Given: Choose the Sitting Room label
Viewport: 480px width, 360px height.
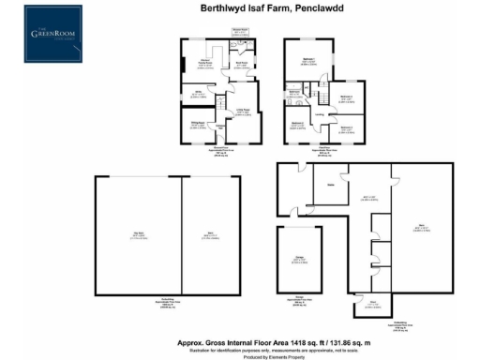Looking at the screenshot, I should click(198, 125).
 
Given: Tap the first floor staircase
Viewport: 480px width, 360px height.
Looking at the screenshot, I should click(324, 97).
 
